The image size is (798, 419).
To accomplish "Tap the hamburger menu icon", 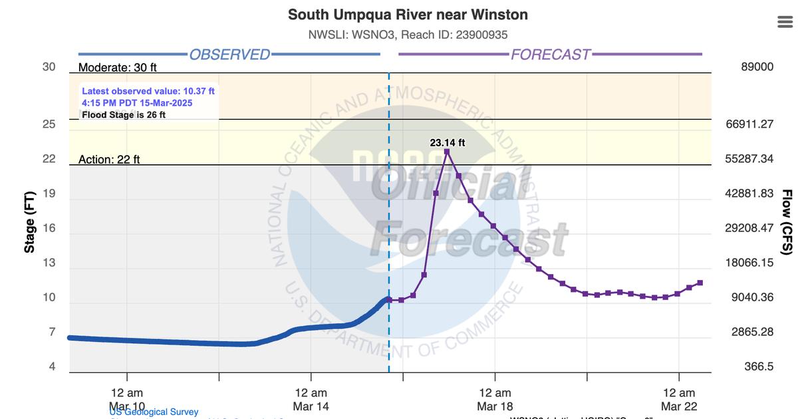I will [x=785, y=22].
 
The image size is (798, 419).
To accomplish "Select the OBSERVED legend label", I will [x=229, y=55].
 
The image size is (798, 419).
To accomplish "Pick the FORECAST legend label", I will [x=550, y=55].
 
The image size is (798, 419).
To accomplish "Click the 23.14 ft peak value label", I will [x=447, y=142].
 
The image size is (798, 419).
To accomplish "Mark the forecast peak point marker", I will [x=447, y=152].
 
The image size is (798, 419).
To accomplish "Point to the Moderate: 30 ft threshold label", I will [x=118, y=67].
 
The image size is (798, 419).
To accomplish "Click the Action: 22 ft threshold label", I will [x=109, y=160].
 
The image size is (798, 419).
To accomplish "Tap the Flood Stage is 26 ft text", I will [x=124, y=114].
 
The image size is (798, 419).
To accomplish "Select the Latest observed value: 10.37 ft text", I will [x=148, y=90].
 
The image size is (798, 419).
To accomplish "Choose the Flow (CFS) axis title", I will [x=787, y=221].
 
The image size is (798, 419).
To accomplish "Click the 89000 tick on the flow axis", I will [x=757, y=67].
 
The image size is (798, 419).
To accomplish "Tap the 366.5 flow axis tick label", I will [x=759, y=366].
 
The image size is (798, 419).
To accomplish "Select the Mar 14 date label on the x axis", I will [x=311, y=406].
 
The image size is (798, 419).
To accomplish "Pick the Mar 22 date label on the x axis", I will [x=680, y=406].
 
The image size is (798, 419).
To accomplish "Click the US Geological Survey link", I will [x=154, y=412].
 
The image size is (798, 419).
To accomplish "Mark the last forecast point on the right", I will [x=700, y=283].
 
